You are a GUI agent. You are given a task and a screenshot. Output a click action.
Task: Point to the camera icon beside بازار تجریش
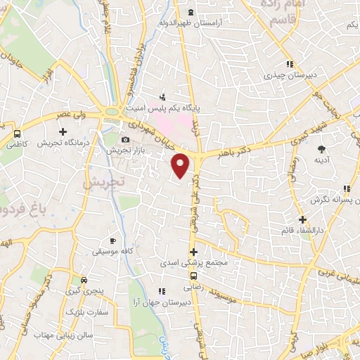127,139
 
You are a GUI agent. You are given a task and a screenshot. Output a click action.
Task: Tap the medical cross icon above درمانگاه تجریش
63,131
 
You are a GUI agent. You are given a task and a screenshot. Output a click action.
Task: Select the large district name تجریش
103,181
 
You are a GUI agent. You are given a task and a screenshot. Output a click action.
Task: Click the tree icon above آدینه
321,149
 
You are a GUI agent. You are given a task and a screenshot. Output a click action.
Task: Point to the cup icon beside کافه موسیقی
112,240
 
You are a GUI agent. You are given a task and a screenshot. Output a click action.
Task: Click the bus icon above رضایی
193,276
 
